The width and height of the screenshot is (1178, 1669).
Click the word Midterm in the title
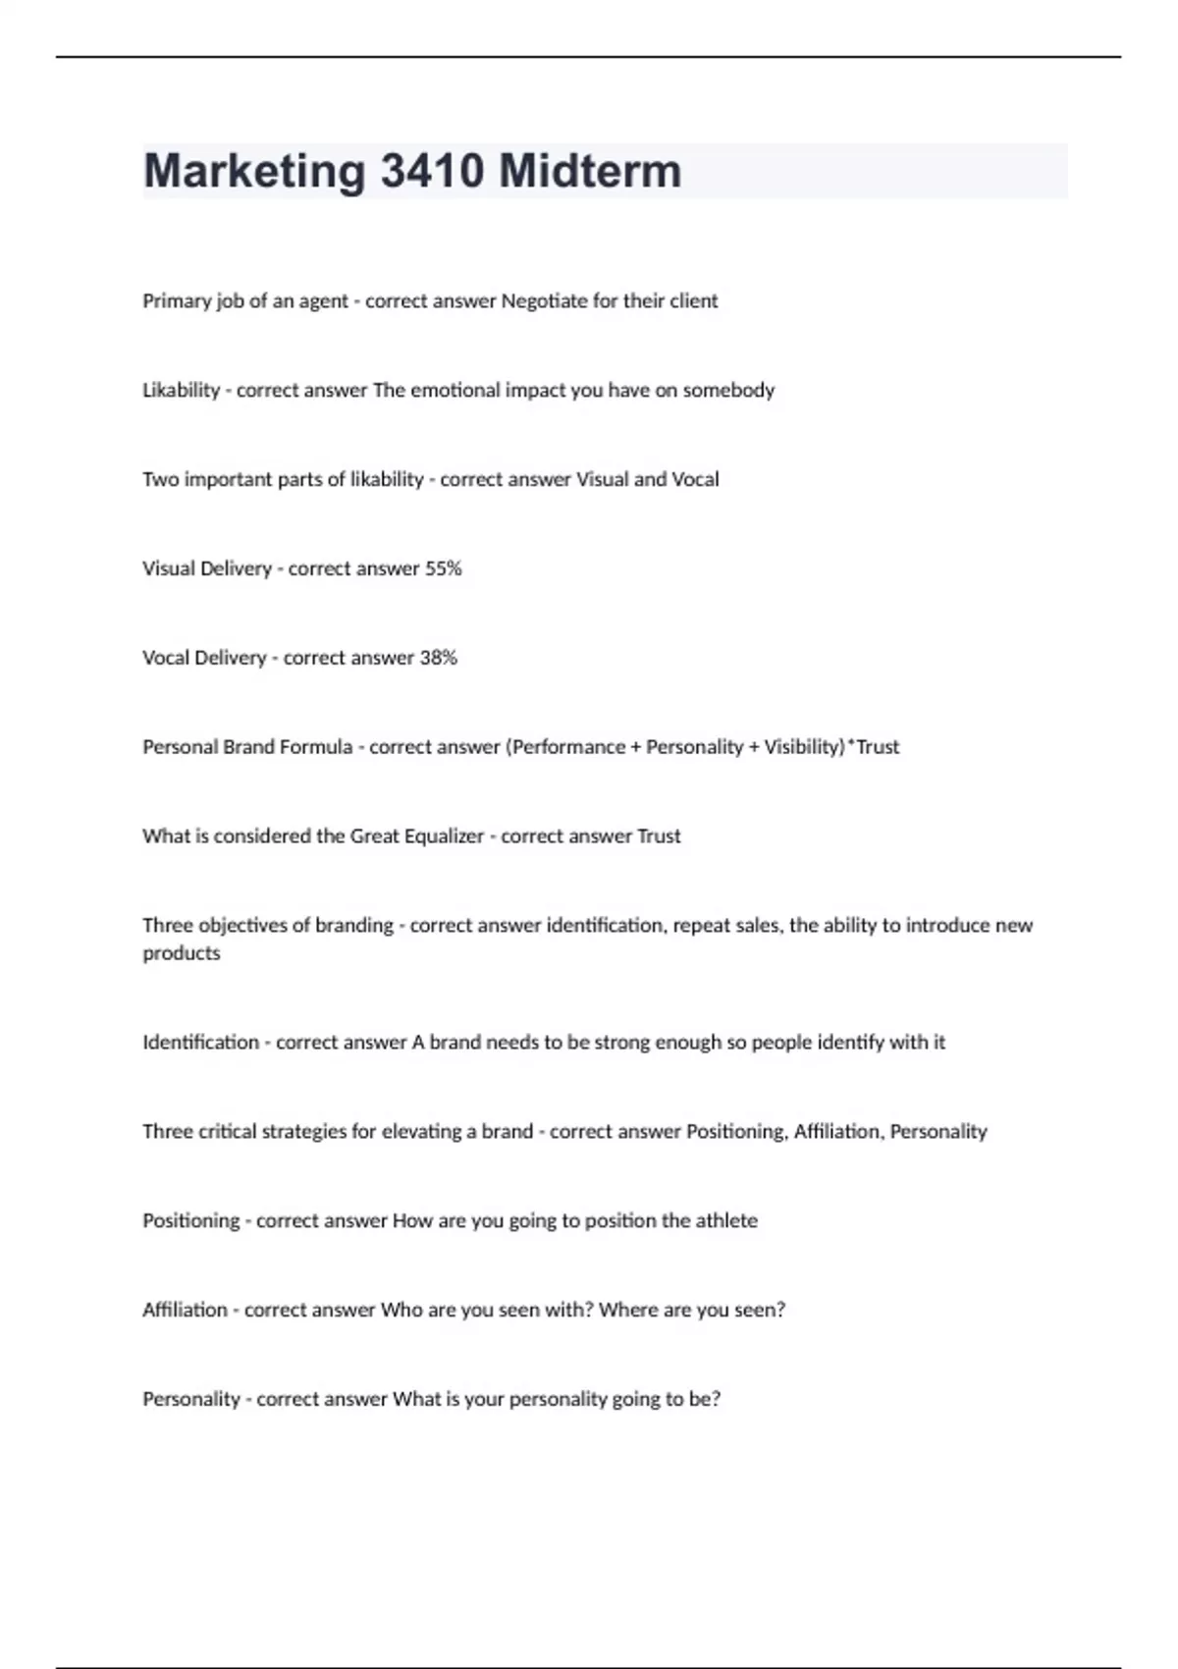pyautogui.click(x=590, y=171)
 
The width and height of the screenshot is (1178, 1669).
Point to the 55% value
pyautogui.click(x=443, y=568)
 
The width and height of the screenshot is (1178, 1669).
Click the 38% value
pyautogui.click(x=439, y=658)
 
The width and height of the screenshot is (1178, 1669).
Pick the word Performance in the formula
pyautogui.click(x=569, y=747)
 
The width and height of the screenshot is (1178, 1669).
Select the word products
pyautogui.click(x=182, y=953)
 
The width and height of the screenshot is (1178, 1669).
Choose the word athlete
pyautogui.click(x=726, y=1220)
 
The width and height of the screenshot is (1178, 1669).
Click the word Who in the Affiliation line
pyautogui.click(x=402, y=1310)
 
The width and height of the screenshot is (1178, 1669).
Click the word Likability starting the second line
pyautogui.click(x=181, y=390)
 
